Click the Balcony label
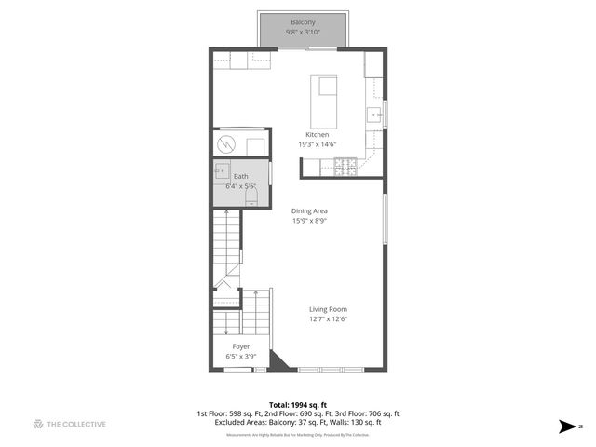click(302, 22)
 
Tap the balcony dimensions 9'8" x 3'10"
click(302, 33)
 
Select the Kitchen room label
click(313, 135)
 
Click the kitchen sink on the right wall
click(373, 115)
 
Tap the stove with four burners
click(344, 167)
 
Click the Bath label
click(240, 176)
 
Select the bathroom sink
click(222, 170)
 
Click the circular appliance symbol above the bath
click(228, 145)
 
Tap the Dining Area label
click(311, 211)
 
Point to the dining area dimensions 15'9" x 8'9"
click(311, 221)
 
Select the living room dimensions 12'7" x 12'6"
click(328, 319)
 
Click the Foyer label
click(240, 345)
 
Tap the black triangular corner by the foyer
click(278, 361)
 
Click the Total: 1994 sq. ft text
click(298, 404)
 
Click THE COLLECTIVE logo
click(69, 425)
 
